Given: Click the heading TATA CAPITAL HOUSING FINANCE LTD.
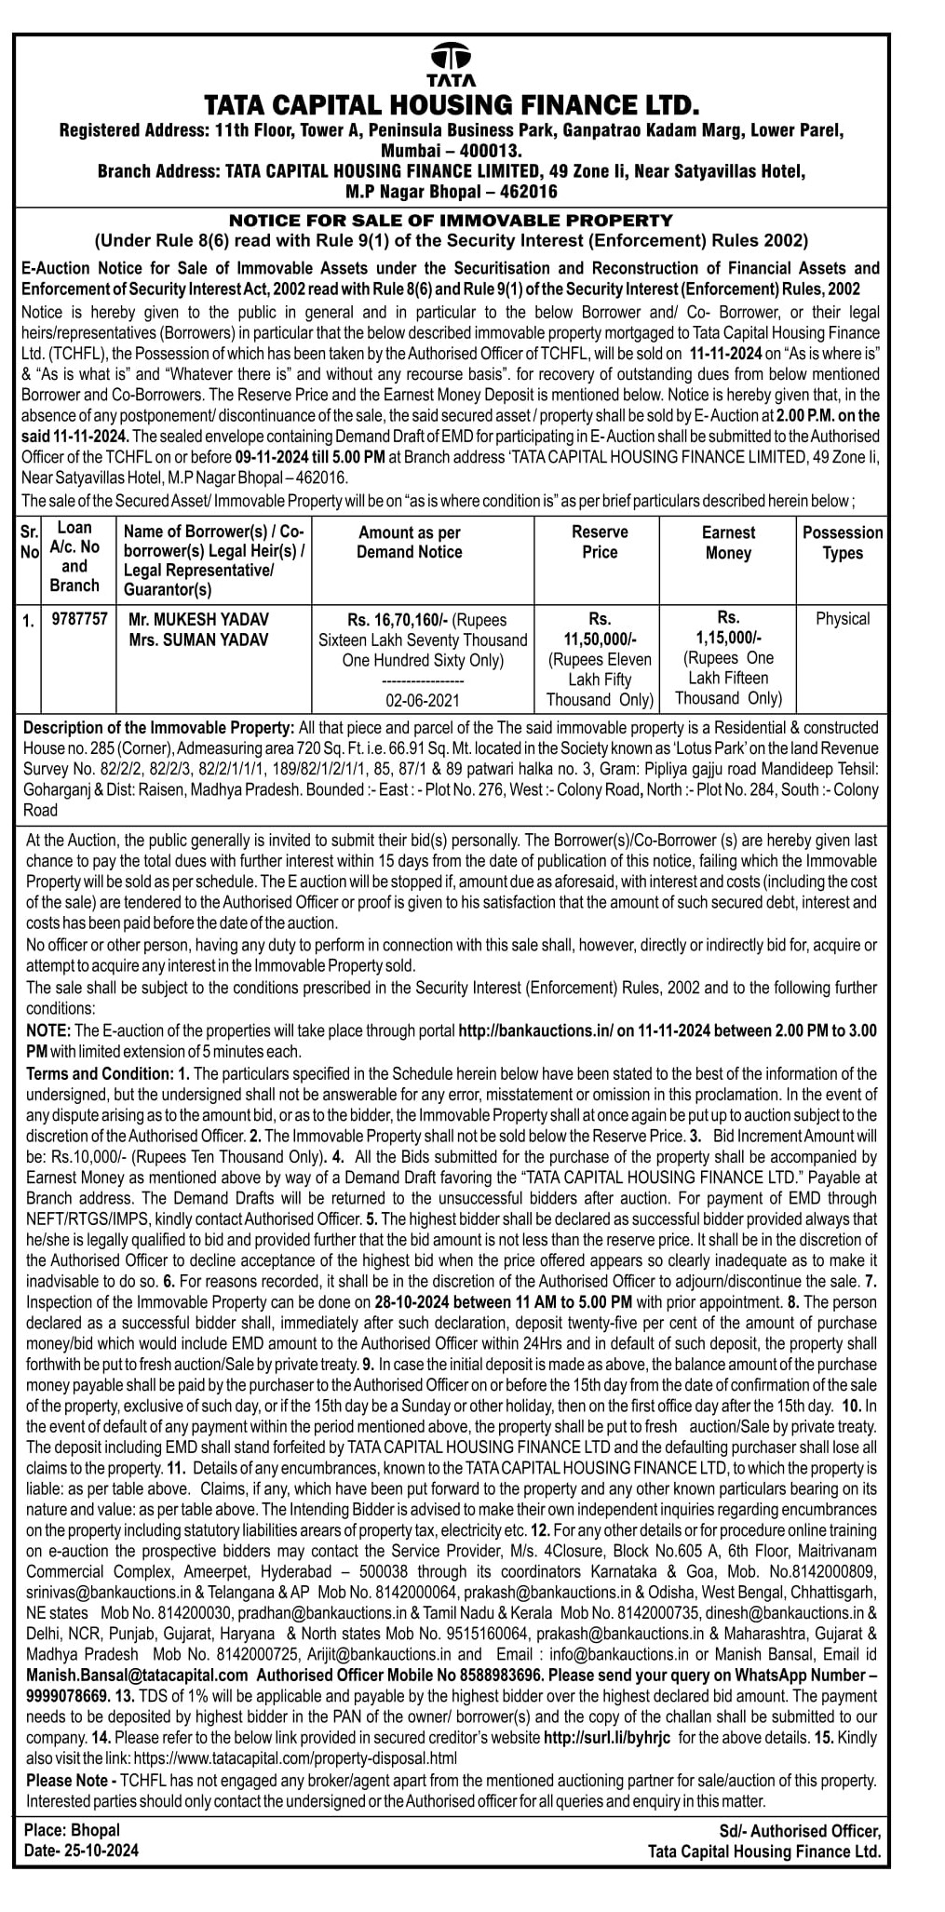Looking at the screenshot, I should (452, 103).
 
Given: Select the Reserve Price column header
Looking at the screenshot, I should (600, 542).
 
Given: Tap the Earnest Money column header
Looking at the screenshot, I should (728, 543).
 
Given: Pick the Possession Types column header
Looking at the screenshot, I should (843, 543).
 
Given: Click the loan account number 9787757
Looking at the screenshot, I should (79, 618).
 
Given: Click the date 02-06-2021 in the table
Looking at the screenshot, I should (423, 700).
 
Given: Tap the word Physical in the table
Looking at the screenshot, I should (843, 619).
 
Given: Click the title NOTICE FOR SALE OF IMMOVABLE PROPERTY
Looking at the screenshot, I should (451, 221).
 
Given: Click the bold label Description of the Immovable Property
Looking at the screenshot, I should (158, 727).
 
